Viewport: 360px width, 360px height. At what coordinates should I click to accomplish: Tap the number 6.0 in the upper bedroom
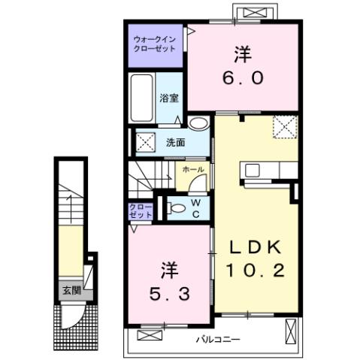point(241,77)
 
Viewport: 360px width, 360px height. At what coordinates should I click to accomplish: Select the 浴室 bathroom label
point(168,98)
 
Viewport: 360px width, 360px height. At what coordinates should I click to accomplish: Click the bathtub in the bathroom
point(141,98)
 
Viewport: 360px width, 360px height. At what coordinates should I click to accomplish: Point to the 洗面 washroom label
point(176,141)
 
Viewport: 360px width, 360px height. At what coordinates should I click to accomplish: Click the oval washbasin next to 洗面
point(199,124)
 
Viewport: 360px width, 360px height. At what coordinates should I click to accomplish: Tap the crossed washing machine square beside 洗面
point(145,141)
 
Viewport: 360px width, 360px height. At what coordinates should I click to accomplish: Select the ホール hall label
point(192,171)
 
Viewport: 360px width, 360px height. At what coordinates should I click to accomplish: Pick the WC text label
point(195,207)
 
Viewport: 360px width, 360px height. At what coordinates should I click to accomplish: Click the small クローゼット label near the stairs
point(141,210)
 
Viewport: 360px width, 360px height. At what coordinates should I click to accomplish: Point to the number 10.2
point(250,271)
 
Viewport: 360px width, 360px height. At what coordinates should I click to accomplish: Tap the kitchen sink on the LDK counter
point(250,170)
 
